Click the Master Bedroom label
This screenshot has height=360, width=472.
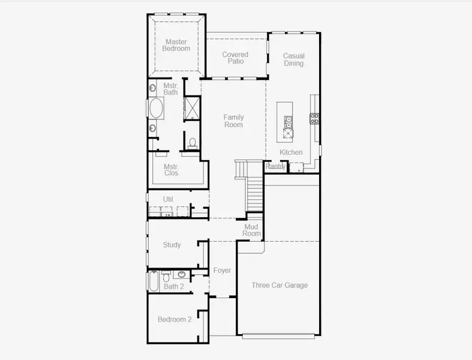176,45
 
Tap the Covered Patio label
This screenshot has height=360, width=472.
235,58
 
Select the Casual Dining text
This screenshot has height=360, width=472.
293,59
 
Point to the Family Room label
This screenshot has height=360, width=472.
234,121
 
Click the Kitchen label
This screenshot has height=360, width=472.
291,152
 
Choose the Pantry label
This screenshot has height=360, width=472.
275,166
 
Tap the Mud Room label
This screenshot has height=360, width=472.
252,230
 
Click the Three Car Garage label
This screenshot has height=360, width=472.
279,285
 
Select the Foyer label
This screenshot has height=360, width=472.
222,271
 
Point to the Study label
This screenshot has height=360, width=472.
172,245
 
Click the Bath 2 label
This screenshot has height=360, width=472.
174,287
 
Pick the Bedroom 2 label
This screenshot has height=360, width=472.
175,319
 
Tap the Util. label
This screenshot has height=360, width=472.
169,199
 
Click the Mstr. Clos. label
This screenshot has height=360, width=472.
172,170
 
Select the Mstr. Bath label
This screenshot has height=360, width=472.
171,89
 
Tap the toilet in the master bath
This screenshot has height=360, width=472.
192,143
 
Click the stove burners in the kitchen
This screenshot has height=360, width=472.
314,118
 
